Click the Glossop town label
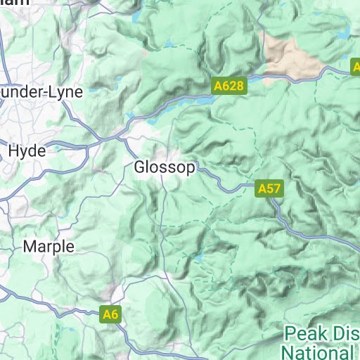pyautogui.click(x=165, y=168)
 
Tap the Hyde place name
pyautogui.click(x=27, y=151)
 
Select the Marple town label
pyautogui.click(x=48, y=247)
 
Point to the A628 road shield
pyautogui.click(x=228, y=86)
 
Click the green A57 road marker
pyautogui.click(x=269, y=189)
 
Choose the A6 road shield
pyautogui.click(x=110, y=314)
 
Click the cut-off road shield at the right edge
pyautogui.click(x=355, y=67)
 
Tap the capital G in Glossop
pyautogui.click(x=139, y=168)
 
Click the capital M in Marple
pyautogui.click(x=30, y=247)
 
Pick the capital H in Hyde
pyautogui.click(x=13, y=151)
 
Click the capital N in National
pyautogui.click(x=286, y=350)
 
